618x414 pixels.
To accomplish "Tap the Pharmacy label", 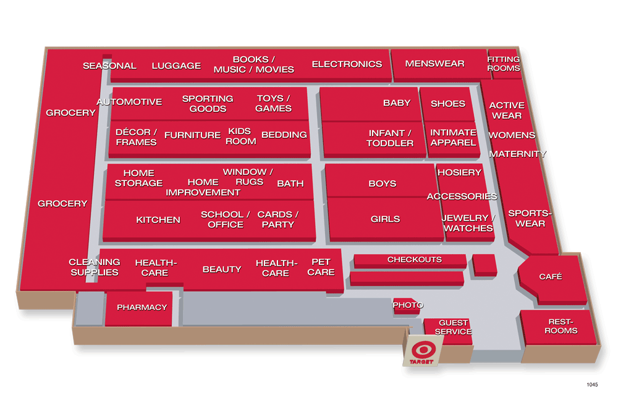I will click(x=142, y=307).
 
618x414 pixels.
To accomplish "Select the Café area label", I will click(x=550, y=277).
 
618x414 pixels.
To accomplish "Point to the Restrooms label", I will click(x=561, y=326).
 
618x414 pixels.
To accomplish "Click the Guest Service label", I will click(x=454, y=327).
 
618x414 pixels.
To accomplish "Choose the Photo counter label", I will click(x=408, y=305).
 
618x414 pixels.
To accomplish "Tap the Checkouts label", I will click(x=414, y=260).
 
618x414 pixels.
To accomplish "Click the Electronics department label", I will click(x=347, y=64).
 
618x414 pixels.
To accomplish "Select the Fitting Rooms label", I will click(x=503, y=64).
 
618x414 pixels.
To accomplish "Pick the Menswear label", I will click(x=434, y=64).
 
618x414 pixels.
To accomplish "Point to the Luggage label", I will click(x=176, y=65).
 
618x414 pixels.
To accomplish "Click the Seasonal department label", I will click(x=109, y=65).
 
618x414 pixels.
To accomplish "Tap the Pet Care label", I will click(x=321, y=267).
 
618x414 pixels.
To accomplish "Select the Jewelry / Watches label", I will click(x=468, y=223).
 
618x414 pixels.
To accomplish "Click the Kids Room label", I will click(x=240, y=136).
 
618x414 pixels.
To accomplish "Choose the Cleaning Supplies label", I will click(x=95, y=267).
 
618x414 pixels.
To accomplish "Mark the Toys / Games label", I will click(x=273, y=103).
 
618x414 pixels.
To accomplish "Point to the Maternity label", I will click(x=517, y=154).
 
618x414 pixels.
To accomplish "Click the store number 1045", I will click(x=592, y=384).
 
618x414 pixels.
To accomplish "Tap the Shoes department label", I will click(x=447, y=103).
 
